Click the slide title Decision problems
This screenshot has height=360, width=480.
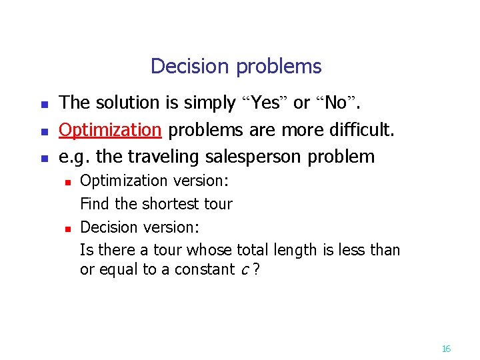[x=236, y=67]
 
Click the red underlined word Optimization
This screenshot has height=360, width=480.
[x=110, y=129]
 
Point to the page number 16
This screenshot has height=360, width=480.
[x=446, y=349]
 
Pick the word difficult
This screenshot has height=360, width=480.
[x=363, y=129]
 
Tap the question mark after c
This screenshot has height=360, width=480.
[x=255, y=270]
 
